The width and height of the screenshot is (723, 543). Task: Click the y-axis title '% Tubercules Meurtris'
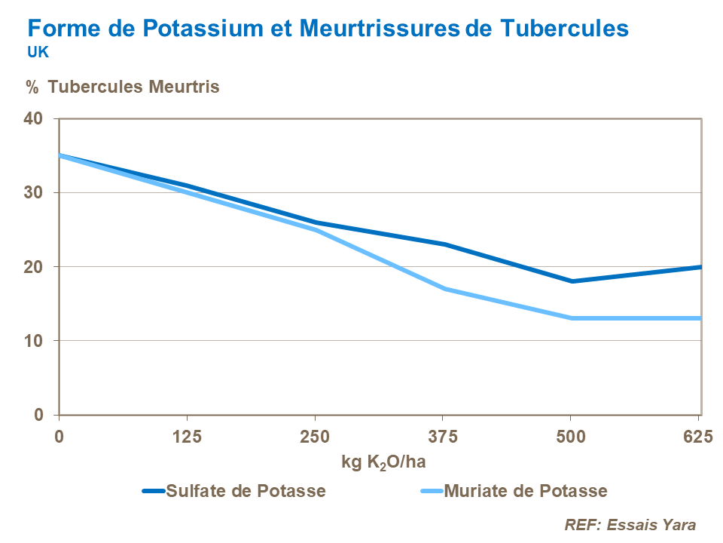pos(123,87)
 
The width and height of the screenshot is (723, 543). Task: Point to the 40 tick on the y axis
pos(38,118)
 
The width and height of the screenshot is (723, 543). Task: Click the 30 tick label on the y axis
pos(38,192)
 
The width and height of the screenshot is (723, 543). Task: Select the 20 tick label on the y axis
pos(38,267)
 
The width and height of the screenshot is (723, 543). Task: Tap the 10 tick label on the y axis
pos(38,341)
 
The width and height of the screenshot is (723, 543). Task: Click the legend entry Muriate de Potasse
pos(526,491)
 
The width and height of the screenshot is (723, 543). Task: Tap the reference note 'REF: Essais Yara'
pos(630,525)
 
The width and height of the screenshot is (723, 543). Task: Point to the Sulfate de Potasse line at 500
pos(572,281)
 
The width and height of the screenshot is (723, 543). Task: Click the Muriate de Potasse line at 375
pos(444,289)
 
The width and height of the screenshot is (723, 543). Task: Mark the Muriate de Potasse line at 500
pos(572,318)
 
